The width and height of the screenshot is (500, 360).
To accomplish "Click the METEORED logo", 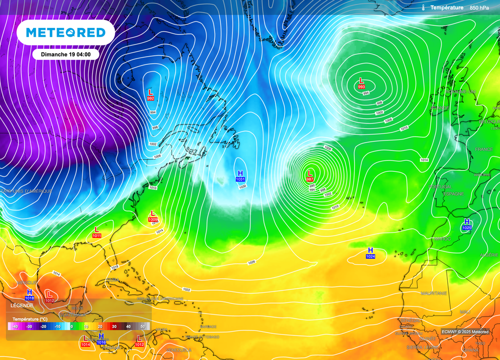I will click(x=65, y=33).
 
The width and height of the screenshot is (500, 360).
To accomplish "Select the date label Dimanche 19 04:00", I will click(x=66, y=54).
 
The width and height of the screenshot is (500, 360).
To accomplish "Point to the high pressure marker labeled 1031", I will click(x=240, y=175).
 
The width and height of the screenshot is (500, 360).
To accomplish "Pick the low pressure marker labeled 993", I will click(x=361, y=83).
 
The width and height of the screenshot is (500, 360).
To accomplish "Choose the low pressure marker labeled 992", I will click(x=150, y=94).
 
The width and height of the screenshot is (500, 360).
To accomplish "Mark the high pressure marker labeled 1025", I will click(x=467, y=224).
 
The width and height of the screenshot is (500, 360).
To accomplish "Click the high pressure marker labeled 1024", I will click(x=371, y=253).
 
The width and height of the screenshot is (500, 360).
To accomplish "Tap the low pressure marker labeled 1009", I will click(x=153, y=216).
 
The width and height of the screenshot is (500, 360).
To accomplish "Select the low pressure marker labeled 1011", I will click(x=97, y=232).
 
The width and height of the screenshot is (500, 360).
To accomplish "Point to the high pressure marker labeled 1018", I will click(x=29, y=294).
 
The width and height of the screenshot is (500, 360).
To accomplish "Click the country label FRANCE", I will click(x=484, y=149).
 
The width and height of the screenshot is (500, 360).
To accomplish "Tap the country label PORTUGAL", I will click(x=439, y=187).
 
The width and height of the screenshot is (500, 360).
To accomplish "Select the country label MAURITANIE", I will click(x=434, y=293).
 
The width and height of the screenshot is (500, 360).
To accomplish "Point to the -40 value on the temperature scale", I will click(x=15, y=326).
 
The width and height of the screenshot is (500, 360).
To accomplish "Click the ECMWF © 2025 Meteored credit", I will click(x=464, y=332).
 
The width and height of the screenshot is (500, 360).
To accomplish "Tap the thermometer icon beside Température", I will click(x=423, y=8).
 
